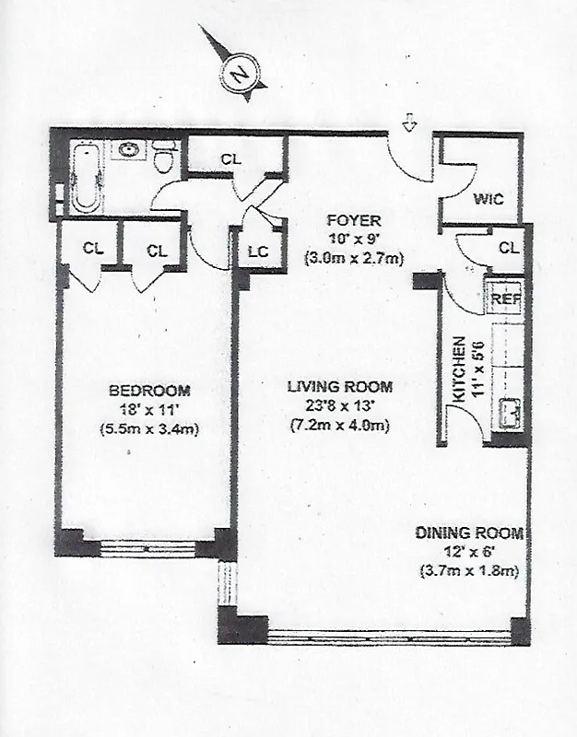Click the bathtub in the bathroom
(x=87, y=177)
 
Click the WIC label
(x=487, y=199)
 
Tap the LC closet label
(x=257, y=252)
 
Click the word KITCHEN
(x=458, y=368)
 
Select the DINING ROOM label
(x=469, y=532)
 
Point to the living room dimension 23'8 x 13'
(x=336, y=406)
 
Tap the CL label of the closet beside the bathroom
(x=230, y=158)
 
